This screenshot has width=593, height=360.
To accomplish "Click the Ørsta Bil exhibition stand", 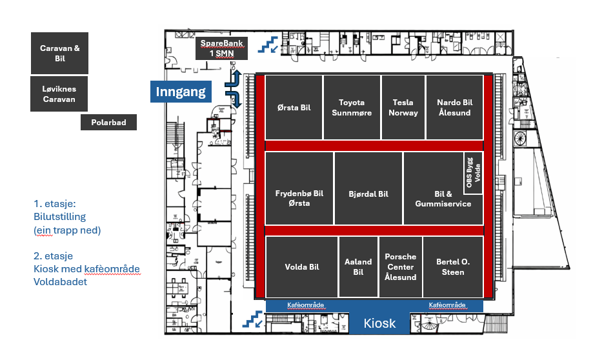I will (294, 107).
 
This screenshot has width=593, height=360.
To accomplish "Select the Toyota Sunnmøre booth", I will (351, 107).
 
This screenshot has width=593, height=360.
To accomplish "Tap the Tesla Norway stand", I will (403, 107).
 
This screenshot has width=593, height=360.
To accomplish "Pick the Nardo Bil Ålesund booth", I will (454, 107).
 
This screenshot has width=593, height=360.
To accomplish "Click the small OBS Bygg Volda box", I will (473, 172).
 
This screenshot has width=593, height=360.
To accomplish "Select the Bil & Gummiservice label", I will (443, 199).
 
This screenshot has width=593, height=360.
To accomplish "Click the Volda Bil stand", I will (301, 266).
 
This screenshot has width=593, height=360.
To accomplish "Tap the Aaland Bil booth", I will (357, 266).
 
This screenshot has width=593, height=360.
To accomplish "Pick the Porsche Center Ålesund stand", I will (400, 266).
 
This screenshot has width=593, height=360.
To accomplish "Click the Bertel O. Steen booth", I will (452, 266).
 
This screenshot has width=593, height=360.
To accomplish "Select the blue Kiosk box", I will (379, 323).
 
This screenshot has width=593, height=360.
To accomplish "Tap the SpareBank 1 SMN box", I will (221, 48).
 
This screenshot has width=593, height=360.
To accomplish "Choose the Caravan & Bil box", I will (59, 53).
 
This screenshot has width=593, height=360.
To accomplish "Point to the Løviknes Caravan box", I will (59, 94).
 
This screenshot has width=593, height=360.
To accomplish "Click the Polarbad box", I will (108, 122).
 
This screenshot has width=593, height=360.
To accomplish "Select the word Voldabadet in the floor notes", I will (61, 281).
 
